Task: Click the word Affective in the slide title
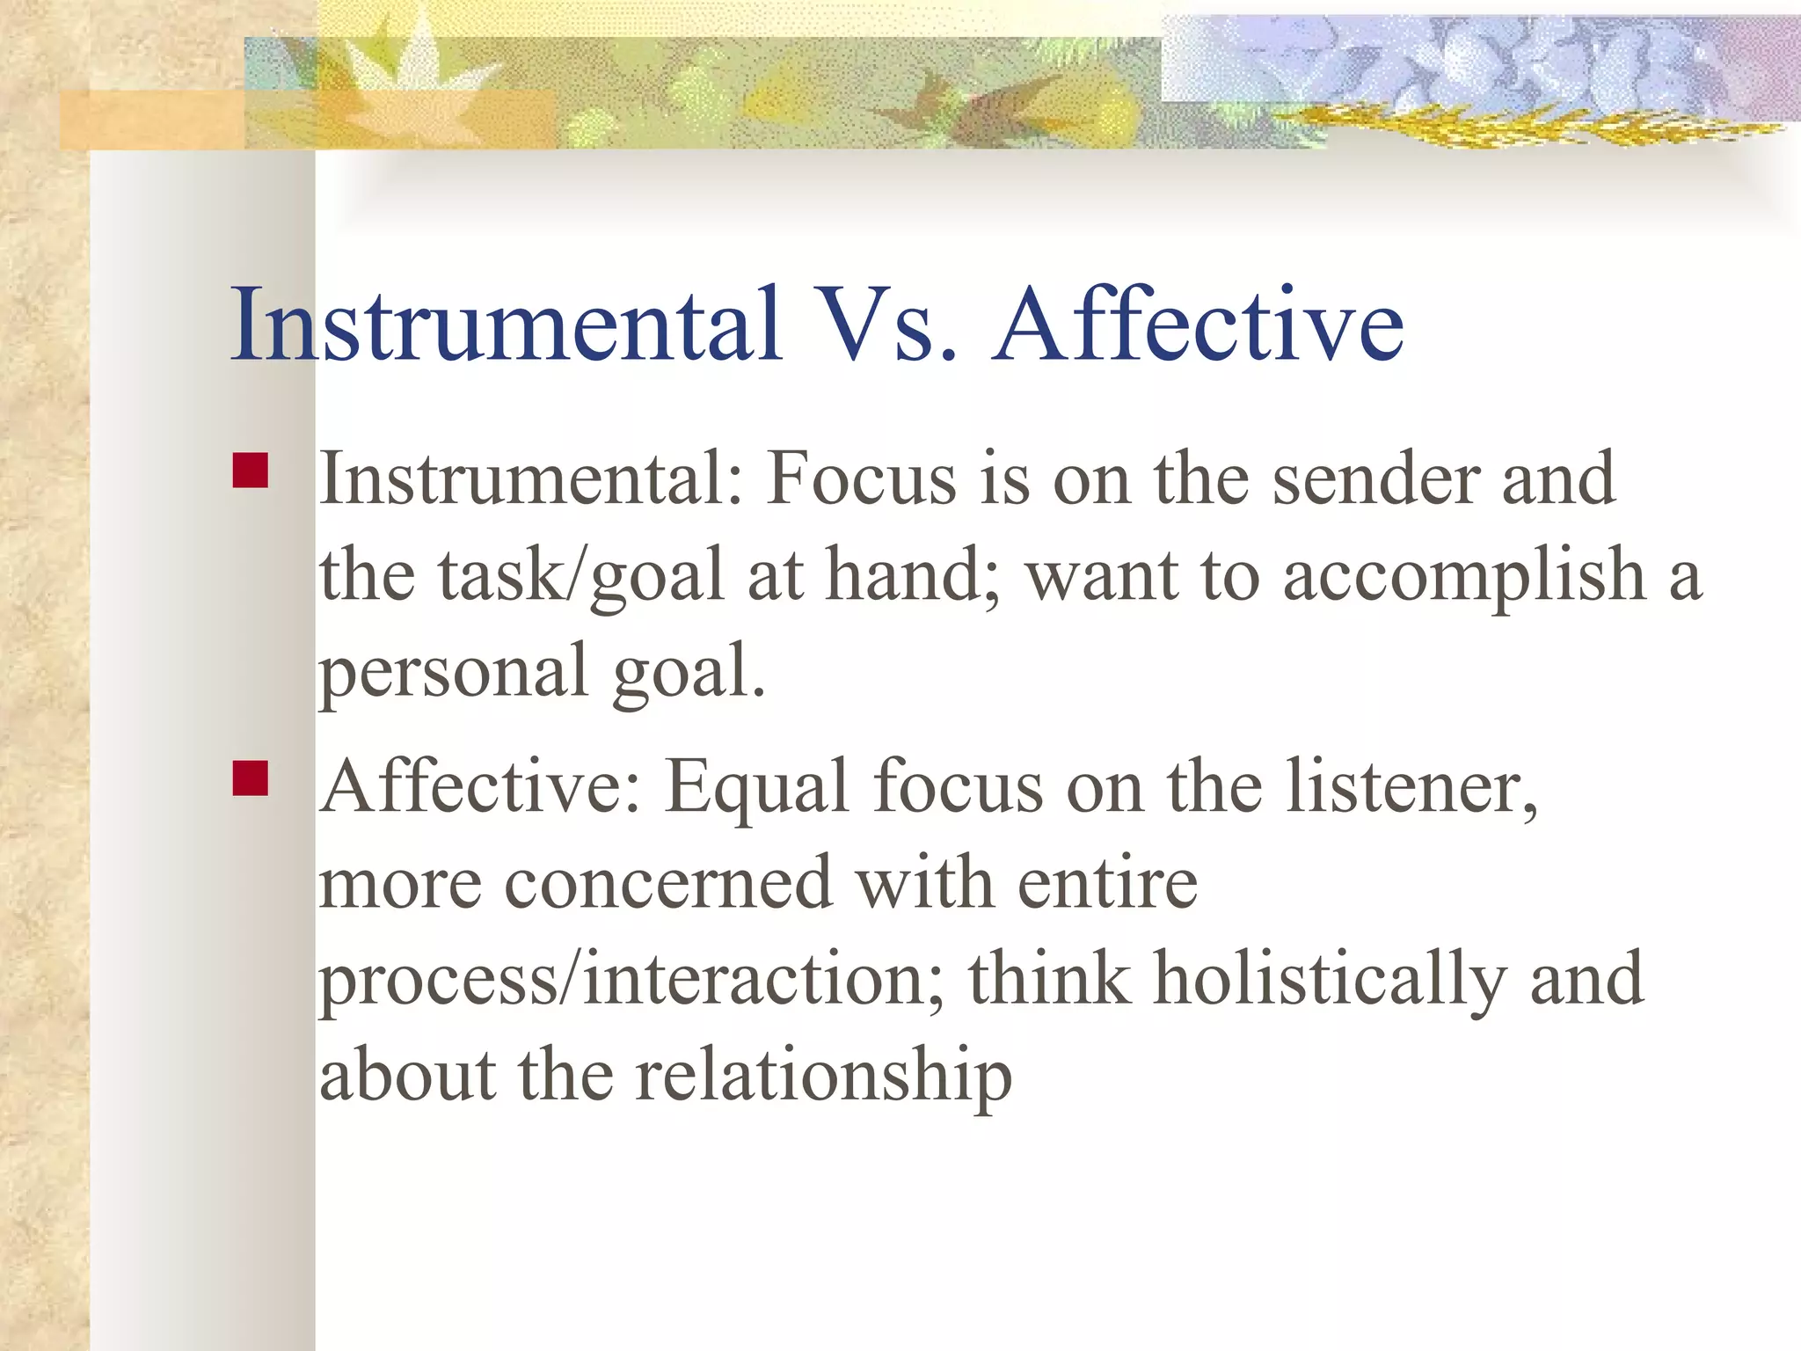(x=1198, y=325)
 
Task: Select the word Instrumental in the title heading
(x=506, y=325)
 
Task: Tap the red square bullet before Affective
(x=251, y=778)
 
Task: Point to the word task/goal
(x=581, y=576)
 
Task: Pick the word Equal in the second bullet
(x=756, y=787)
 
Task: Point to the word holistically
(x=1329, y=980)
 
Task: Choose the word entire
(x=1107, y=883)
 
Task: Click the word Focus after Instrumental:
(x=861, y=479)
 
